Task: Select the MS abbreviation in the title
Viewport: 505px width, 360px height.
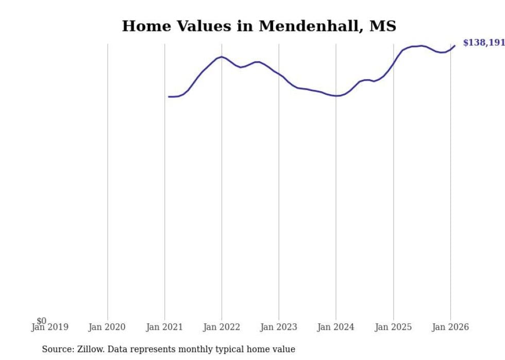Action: point(383,26)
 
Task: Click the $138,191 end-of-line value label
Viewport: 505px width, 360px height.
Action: point(483,43)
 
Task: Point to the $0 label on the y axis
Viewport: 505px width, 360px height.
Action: point(41,321)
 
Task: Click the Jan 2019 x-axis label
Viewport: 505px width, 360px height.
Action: point(49,327)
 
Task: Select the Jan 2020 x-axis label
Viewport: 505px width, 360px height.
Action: point(107,327)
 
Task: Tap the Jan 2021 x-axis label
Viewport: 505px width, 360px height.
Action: point(164,327)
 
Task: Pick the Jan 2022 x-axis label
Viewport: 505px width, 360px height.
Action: point(222,327)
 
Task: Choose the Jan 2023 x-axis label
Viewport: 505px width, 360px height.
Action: point(279,327)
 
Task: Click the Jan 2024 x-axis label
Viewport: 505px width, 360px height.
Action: point(336,327)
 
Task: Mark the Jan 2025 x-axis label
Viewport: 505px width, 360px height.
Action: point(393,327)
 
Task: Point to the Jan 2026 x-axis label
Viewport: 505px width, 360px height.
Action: point(450,327)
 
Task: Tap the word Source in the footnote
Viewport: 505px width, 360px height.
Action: point(57,349)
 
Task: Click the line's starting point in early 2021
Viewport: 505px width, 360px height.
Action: point(169,96)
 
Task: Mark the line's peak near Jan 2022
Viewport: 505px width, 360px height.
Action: point(222,57)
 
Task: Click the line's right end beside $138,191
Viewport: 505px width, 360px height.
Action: point(454,45)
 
